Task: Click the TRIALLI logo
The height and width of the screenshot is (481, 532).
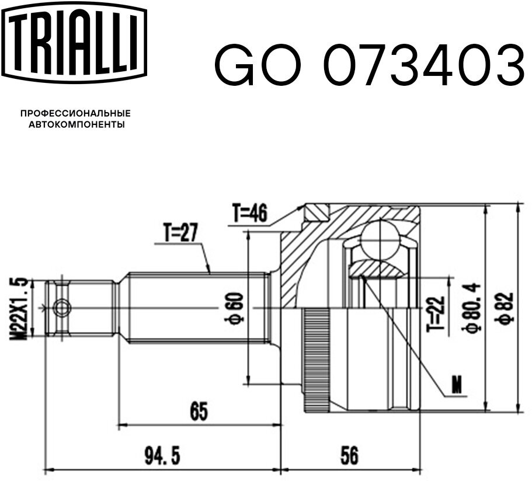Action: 75,43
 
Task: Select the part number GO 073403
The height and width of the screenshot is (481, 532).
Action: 370,65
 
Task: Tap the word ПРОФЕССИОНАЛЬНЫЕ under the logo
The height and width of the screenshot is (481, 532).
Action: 76,113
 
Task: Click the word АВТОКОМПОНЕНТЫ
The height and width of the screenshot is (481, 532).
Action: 77,125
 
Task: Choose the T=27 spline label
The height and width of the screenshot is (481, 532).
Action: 180,233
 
